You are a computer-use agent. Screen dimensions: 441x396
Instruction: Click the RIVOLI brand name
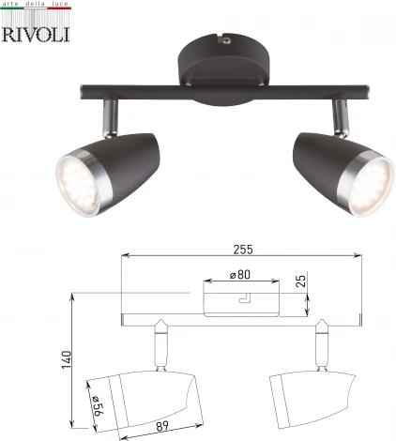pos(38,34)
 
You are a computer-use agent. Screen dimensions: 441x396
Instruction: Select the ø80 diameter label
pos(240,276)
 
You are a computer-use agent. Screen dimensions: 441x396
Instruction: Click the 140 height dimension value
pos(64,361)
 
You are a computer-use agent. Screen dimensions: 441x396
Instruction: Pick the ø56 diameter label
pos(96,404)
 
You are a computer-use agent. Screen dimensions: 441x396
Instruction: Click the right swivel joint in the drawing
pos(324,344)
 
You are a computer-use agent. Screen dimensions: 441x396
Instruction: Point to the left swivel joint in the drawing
pos(159,344)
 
